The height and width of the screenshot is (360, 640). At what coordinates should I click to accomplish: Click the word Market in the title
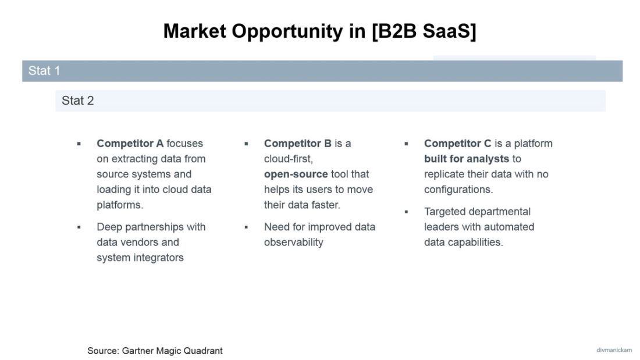(x=195, y=31)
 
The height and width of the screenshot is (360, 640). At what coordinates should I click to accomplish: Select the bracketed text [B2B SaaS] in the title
(x=424, y=31)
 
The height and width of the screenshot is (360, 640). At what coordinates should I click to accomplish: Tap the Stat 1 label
(x=44, y=71)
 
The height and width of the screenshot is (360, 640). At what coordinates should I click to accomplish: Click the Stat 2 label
(x=77, y=101)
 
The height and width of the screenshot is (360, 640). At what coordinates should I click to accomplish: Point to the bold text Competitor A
(x=130, y=143)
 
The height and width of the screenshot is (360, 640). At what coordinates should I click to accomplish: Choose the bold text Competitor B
(x=298, y=143)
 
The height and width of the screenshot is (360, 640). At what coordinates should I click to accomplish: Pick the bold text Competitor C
(x=458, y=143)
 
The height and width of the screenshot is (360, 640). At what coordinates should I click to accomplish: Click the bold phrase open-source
(x=296, y=174)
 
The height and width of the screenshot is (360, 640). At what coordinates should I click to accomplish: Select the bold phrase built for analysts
(x=467, y=159)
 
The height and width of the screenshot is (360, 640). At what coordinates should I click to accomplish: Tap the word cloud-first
(x=289, y=159)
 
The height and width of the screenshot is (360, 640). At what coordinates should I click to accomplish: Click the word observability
(x=293, y=242)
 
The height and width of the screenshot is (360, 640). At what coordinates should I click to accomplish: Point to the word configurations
(x=458, y=190)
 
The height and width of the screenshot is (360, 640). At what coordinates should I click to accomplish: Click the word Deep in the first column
(x=109, y=227)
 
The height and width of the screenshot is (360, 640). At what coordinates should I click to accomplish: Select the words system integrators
(x=140, y=257)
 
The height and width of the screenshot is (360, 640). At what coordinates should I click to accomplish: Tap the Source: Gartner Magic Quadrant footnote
(x=155, y=351)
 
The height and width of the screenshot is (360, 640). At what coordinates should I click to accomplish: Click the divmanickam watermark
(x=614, y=350)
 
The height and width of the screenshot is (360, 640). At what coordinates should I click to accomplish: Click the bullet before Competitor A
(x=79, y=144)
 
